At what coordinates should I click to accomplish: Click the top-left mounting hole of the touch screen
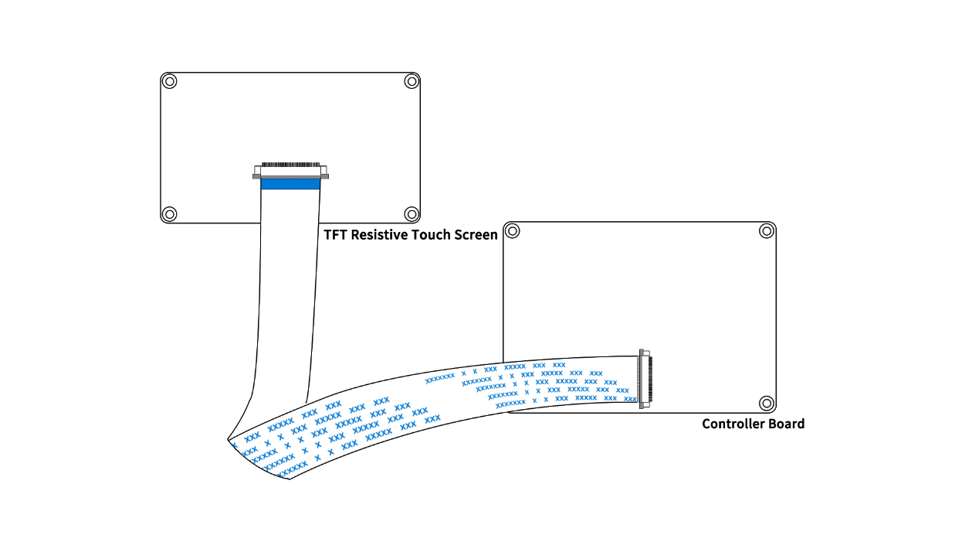click(171, 81)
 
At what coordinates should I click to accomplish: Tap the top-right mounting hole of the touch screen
click(412, 81)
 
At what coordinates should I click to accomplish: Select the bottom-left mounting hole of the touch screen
click(171, 214)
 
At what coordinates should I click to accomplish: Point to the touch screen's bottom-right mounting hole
click(412, 214)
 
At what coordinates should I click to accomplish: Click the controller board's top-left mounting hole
click(513, 230)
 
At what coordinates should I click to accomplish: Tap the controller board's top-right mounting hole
click(766, 230)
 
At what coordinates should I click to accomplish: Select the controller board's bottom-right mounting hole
click(766, 403)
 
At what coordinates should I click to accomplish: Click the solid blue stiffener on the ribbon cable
click(290, 184)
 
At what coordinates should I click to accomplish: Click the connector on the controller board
click(642, 378)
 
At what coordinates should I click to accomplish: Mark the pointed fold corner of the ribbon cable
click(229, 439)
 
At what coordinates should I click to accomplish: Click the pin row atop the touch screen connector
click(290, 165)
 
